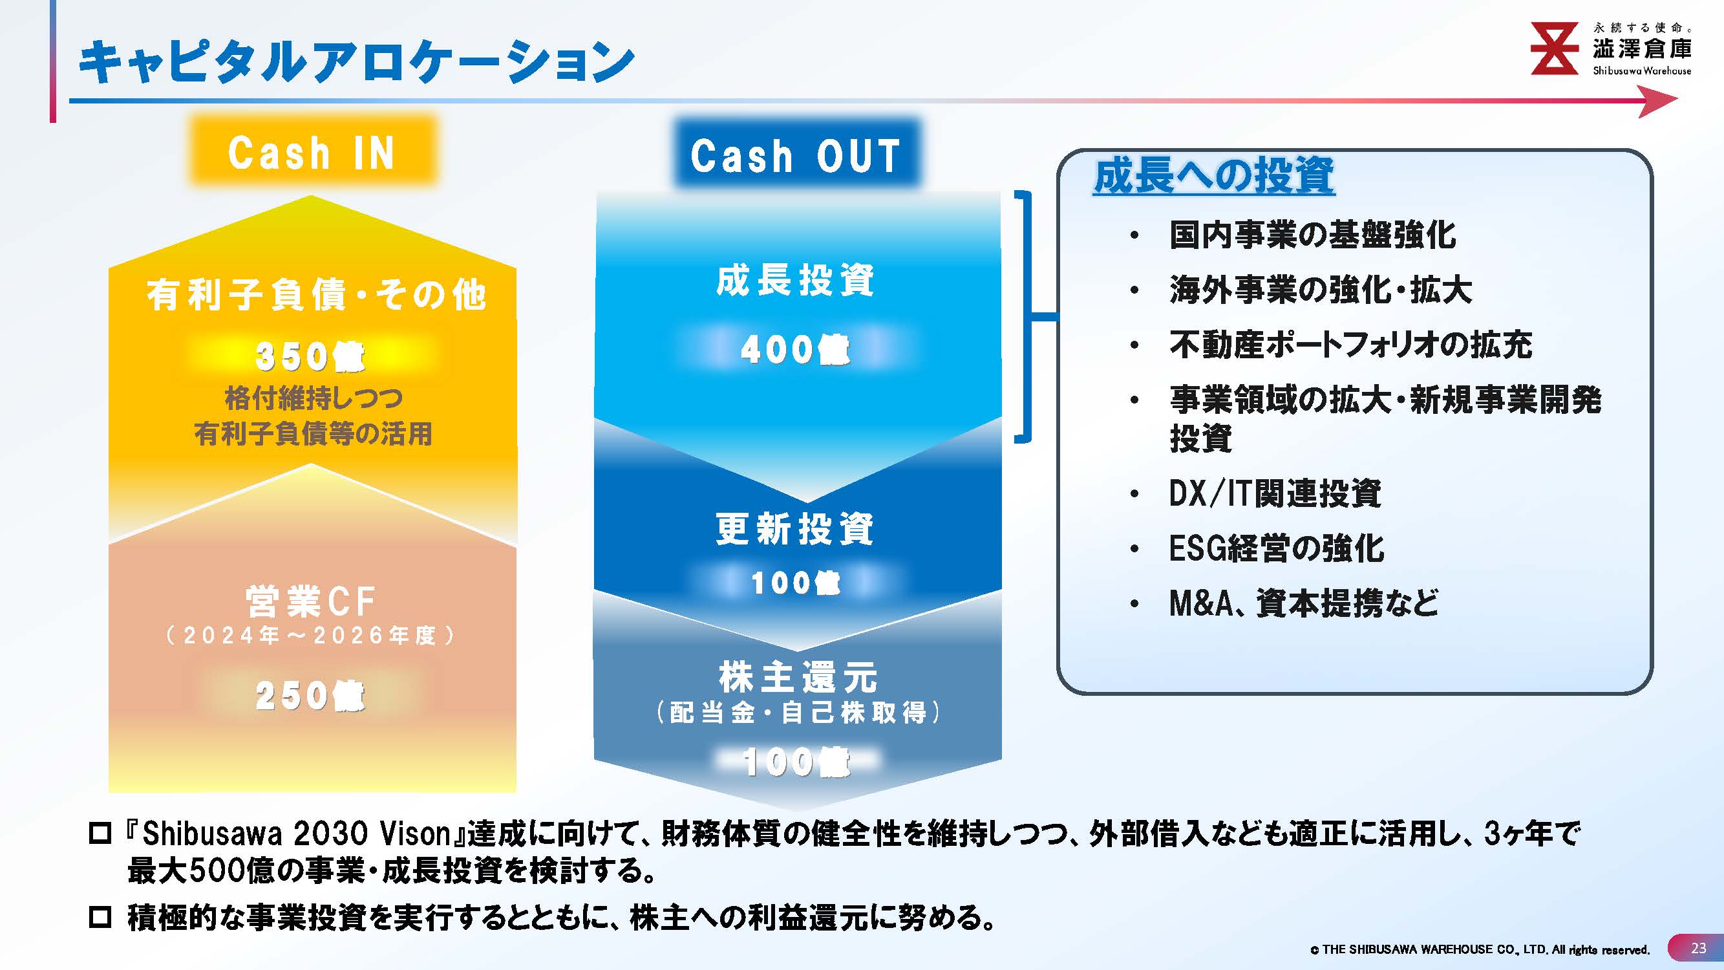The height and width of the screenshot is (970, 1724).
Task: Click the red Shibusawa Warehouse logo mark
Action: (x=1555, y=48)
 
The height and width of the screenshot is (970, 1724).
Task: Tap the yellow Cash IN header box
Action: (x=312, y=151)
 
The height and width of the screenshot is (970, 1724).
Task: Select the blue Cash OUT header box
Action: (x=796, y=155)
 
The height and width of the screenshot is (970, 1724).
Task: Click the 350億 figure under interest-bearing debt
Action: (x=310, y=356)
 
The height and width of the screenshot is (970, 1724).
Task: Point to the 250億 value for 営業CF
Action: (x=310, y=695)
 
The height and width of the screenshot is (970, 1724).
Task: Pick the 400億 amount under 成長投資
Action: (x=796, y=349)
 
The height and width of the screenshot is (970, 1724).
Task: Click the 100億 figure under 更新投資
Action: (x=796, y=583)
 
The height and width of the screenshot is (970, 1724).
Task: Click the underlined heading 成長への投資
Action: (x=1214, y=176)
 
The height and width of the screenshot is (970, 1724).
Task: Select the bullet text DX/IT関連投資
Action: (x=1275, y=493)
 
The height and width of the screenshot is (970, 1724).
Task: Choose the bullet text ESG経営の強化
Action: (x=1276, y=548)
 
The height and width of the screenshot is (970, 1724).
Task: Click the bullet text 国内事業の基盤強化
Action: (x=1312, y=235)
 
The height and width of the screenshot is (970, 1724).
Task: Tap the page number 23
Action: (x=1699, y=948)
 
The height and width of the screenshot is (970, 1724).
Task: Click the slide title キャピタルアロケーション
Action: (x=357, y=61)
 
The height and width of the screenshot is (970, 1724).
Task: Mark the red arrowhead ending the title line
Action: (x=1658, y=101)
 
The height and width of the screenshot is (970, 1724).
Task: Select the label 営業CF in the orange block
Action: (x=310, y=601)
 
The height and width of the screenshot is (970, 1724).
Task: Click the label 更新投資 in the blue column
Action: (x=796, y=528)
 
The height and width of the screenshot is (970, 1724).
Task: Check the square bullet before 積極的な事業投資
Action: (x=100, y=917)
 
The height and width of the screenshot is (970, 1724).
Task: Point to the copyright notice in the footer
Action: (x=1480, y=950)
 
